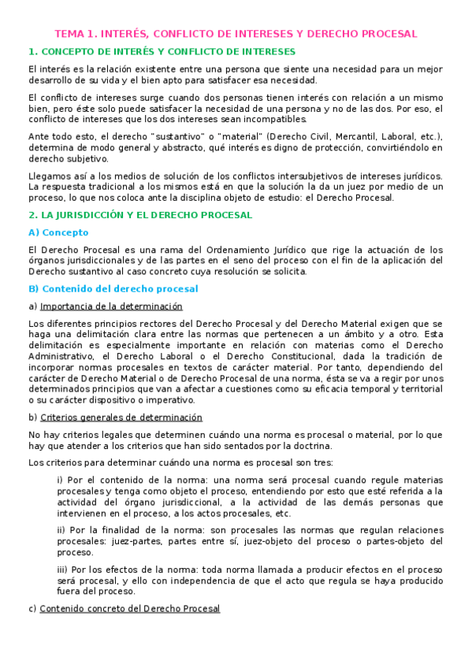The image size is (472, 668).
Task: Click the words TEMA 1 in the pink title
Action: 76,34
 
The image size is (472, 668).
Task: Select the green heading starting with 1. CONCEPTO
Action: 162,52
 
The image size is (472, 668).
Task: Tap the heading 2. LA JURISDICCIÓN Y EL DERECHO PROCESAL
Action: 140,214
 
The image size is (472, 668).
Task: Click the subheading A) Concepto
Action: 58,232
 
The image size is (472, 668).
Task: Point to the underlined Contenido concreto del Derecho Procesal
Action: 129,609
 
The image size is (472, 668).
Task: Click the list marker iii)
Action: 62,569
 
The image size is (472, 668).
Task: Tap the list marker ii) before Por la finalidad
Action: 61,530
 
